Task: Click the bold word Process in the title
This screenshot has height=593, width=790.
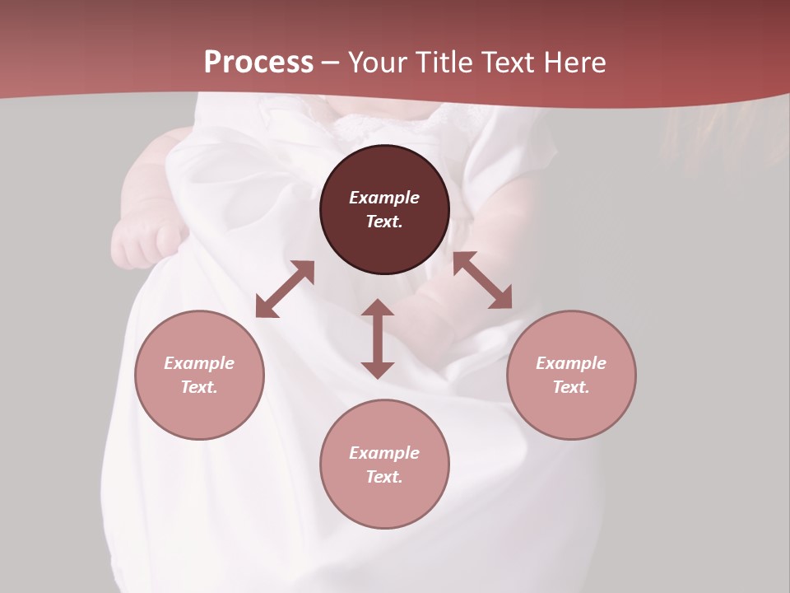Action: click(258, 63)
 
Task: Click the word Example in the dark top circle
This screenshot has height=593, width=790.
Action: click(384, 198)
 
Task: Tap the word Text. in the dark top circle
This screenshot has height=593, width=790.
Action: click(384, 222)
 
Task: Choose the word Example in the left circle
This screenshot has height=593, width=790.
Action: click(199, 363)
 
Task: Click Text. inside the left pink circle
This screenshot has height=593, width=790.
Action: click(199, 387)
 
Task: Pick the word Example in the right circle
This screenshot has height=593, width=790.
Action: click(571, 363)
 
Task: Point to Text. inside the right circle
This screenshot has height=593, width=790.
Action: click(571, 387)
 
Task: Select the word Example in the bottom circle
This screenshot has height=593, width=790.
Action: click(384, 453)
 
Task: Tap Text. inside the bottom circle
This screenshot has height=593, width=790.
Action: click(384, 477)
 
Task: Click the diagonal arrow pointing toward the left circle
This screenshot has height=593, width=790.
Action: click(285, 289)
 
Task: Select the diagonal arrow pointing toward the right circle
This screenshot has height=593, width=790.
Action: click(483, 280)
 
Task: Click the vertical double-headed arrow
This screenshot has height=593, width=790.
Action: click(378, 339)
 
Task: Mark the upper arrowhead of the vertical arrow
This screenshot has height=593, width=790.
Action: click(378, 308)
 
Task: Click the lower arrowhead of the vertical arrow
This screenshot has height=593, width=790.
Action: click(378, 370)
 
